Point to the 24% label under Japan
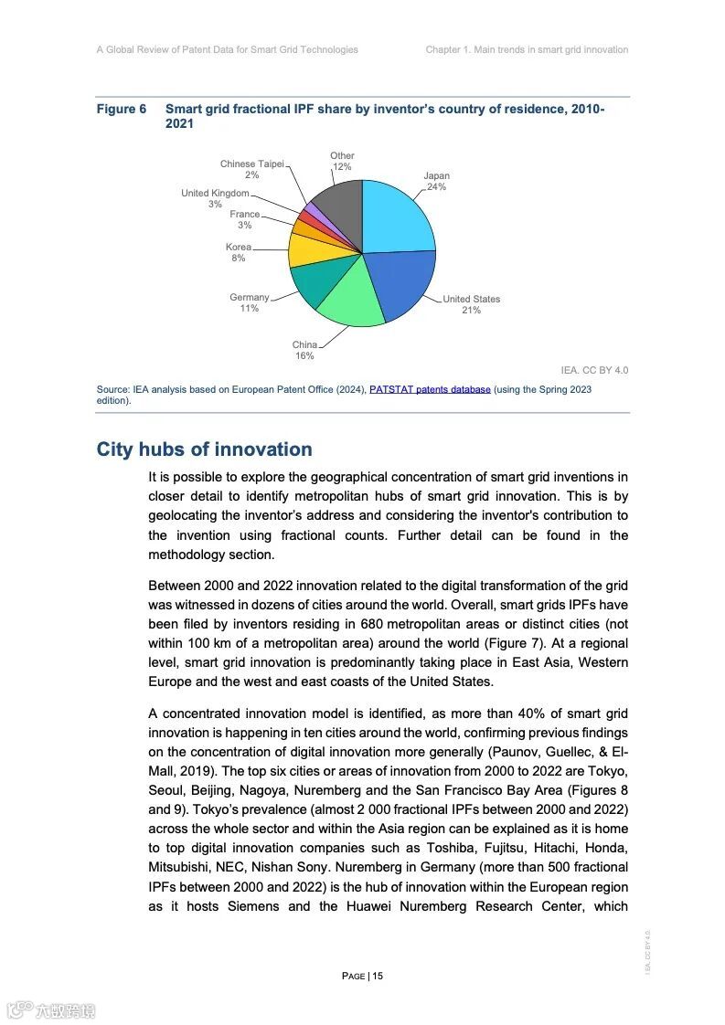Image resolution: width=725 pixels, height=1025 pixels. (x=436, y=187)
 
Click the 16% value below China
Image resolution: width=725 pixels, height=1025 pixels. (x=304, y=356)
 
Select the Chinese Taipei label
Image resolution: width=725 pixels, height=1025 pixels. (x=251, y=164)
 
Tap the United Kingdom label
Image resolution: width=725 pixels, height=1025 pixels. (x=215, y=194)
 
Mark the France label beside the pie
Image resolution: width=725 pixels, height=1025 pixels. (x=244, y=215)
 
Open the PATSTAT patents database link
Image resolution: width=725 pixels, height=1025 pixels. (x=430, y=389)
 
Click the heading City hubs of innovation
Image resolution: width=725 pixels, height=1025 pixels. (x=204, y=449)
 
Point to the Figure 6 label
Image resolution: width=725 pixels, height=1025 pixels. (x=121, y=110)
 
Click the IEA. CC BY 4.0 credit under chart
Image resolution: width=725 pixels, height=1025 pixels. (x=594, y=370)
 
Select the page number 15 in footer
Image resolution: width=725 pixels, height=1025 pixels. (x=378, y=976)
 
